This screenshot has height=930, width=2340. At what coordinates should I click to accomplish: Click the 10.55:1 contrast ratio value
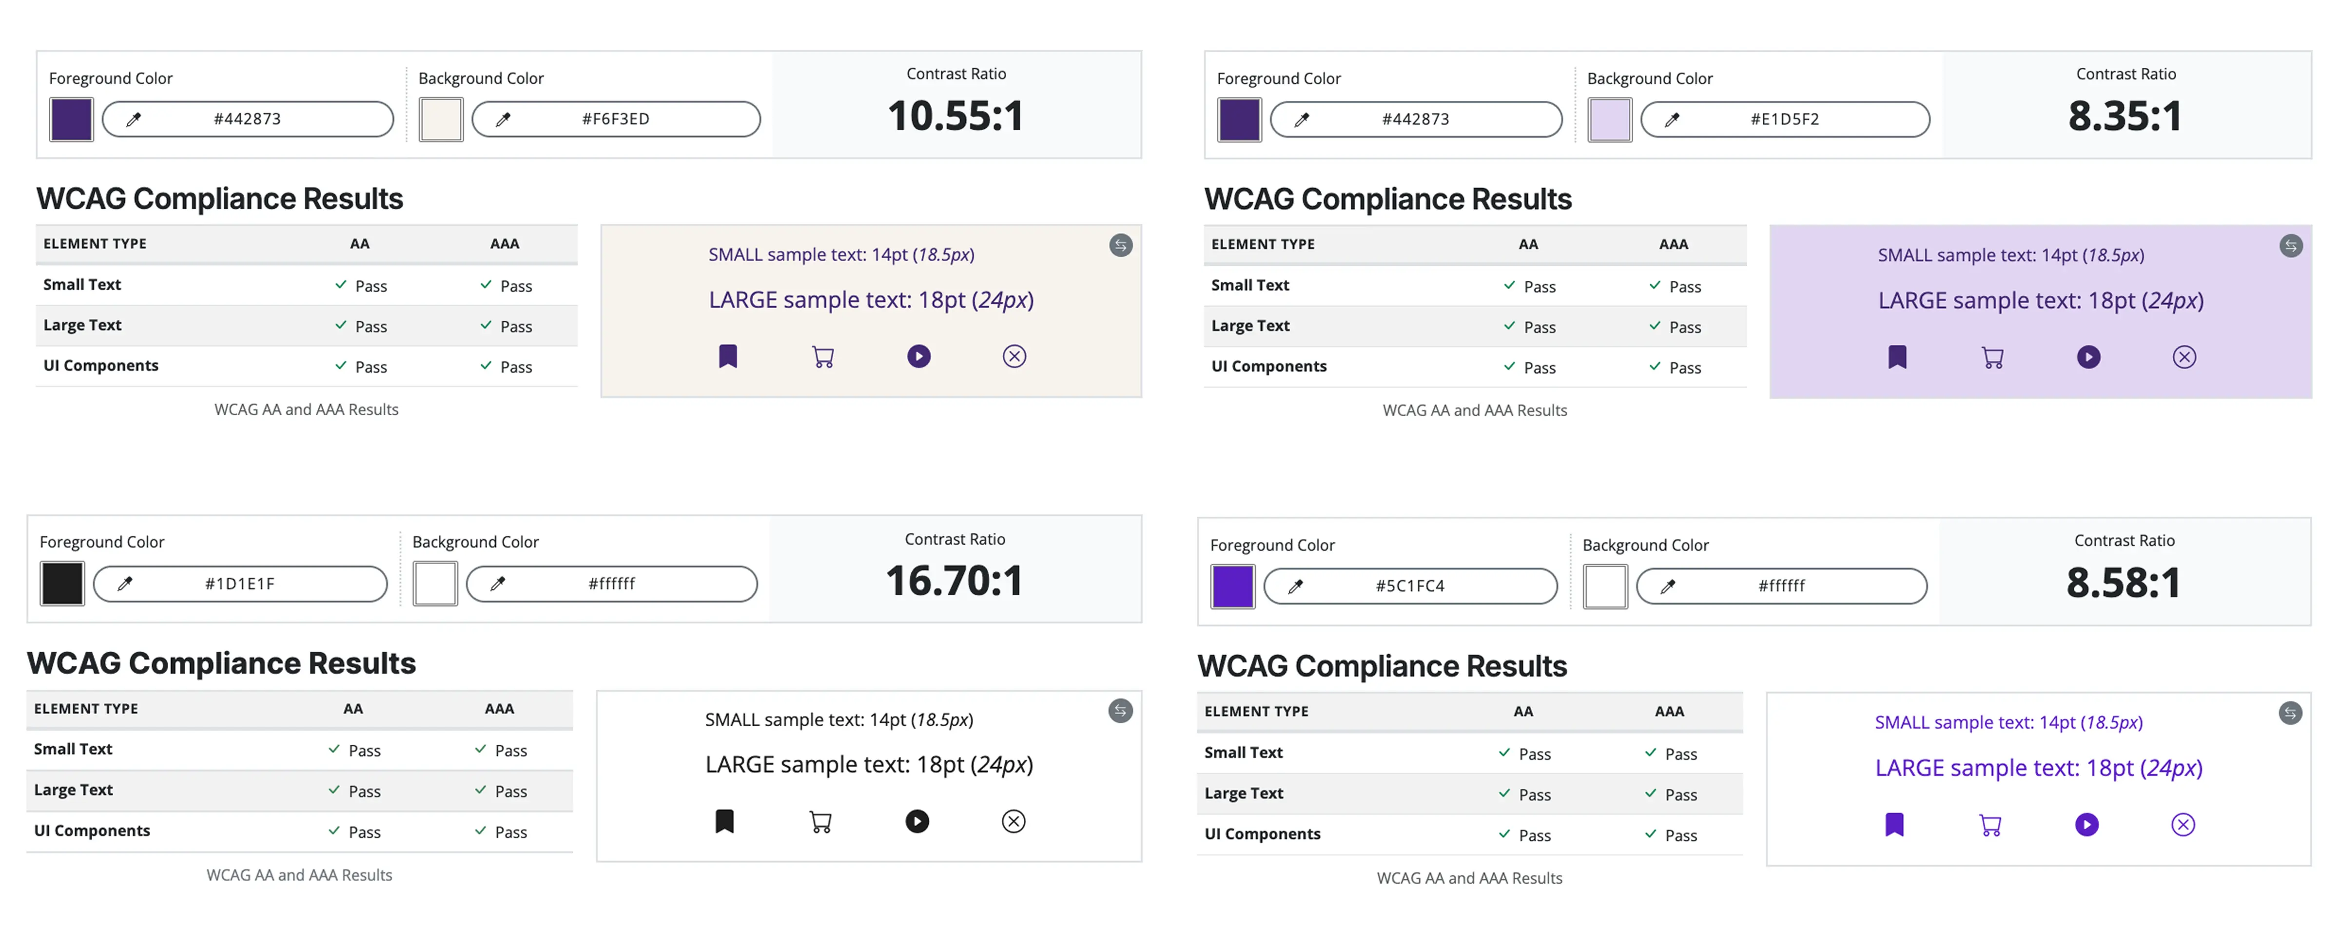955,116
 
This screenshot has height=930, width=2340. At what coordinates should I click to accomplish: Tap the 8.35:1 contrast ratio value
2125,116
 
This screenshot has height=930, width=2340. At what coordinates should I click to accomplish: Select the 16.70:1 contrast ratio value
954,581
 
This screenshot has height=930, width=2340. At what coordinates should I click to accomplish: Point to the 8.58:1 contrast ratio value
2123,583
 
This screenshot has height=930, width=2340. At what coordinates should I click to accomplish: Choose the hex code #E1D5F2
1784,119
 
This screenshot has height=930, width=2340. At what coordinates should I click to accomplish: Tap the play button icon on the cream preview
918,356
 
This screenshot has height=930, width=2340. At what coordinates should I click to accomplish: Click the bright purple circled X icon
2183,825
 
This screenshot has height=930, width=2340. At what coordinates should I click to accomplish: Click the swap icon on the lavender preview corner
2291,246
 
